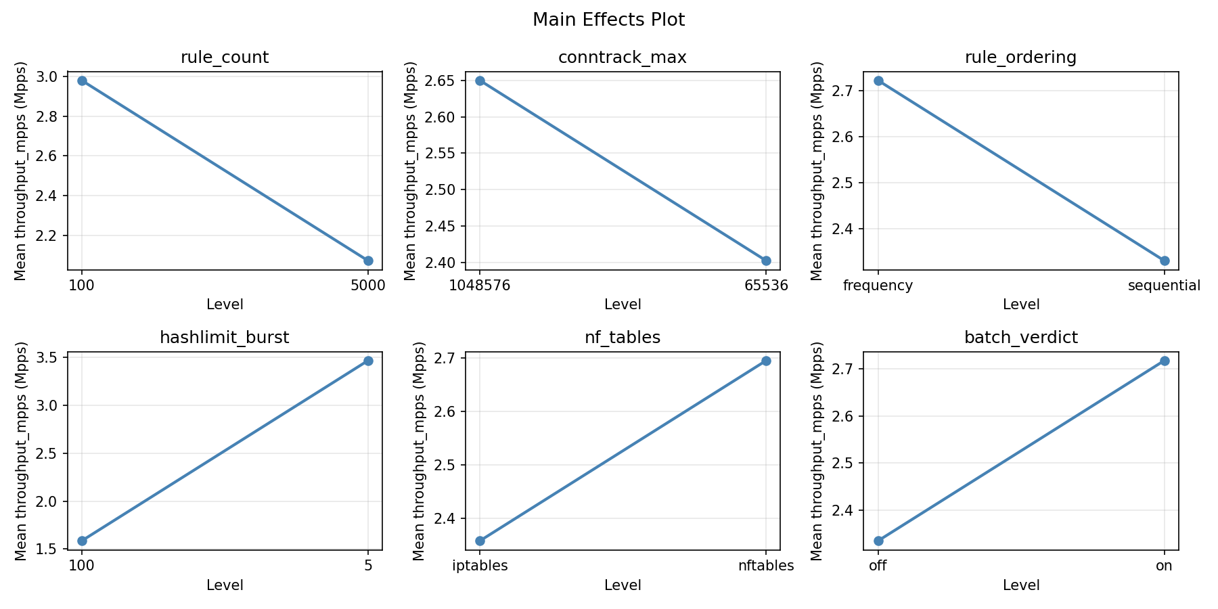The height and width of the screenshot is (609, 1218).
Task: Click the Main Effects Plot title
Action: tap(608, 20)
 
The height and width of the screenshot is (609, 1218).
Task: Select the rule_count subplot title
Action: tap(225, 58)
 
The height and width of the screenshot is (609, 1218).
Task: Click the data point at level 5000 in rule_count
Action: tap(368, 261)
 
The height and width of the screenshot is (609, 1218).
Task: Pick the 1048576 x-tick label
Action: tap(480, 286)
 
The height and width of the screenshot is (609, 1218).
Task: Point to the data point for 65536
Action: tap(766, 261)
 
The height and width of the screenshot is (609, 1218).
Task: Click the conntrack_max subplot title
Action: tap(623, 58)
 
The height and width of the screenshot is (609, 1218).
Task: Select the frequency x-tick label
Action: tap(878, 286)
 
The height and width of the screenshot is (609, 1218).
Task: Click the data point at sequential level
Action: tap(1165, 261)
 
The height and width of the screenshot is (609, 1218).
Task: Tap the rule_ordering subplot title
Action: tap(1020, 58)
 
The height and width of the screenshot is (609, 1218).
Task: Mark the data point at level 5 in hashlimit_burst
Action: tap(368, 361)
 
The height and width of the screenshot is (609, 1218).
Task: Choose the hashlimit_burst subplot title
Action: tap(225, 338)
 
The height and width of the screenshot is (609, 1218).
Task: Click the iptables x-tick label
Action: tap(480, 566)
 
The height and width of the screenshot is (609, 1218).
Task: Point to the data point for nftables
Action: tap(766, 361)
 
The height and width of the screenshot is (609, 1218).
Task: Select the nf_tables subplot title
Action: tap(623, 338)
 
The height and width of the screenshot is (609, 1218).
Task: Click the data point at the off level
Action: tap(878, 541)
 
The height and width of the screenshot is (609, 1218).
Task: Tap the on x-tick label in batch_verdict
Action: tap(1165, 566)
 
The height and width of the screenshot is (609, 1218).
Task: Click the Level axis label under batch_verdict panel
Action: tap(1020, 585)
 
